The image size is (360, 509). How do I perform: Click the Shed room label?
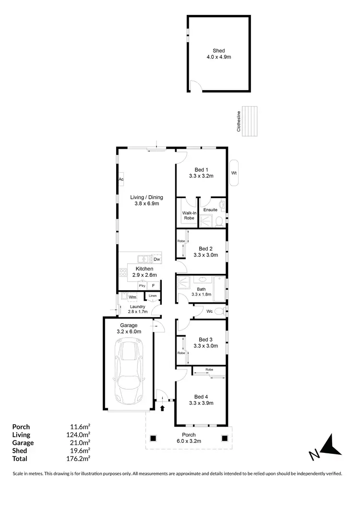click(x=218, y=51)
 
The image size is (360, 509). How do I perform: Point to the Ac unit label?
click(x=121, y=179)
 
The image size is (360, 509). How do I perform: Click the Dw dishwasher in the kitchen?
click(x=156, y=260)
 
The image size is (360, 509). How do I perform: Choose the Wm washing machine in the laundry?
click(x=132, y=297)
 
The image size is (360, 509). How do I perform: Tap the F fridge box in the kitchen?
click(x=154, y=285)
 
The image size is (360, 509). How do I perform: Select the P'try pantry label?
click(x=142, y=285)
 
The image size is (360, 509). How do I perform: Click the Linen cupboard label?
click(x=152, y=296)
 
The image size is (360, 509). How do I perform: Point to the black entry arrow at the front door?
click(x=162, y=408)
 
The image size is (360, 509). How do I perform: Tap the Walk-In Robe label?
click(x=189, y=214)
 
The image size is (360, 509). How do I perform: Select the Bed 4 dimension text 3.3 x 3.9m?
click(x=201, y=403)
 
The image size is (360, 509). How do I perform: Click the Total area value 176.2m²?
click(x=79, y=459)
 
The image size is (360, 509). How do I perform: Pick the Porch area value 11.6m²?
click(x=80, y=426)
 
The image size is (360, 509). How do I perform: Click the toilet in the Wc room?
click(x=219, y=311)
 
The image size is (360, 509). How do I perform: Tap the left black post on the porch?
click(x=154, y=438)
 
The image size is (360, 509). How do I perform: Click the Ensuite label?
click(x=210, y=210)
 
